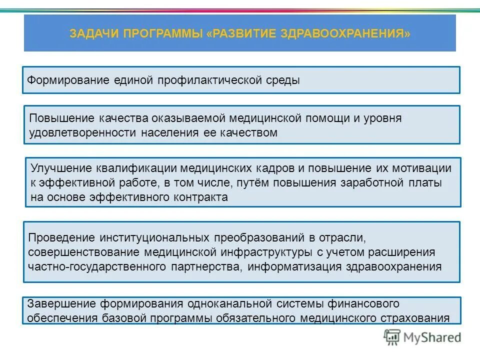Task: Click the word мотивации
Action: click(x=426, y=168)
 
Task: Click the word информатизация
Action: click(x=294, y=266)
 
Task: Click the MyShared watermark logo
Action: click(x=422, y=337)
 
